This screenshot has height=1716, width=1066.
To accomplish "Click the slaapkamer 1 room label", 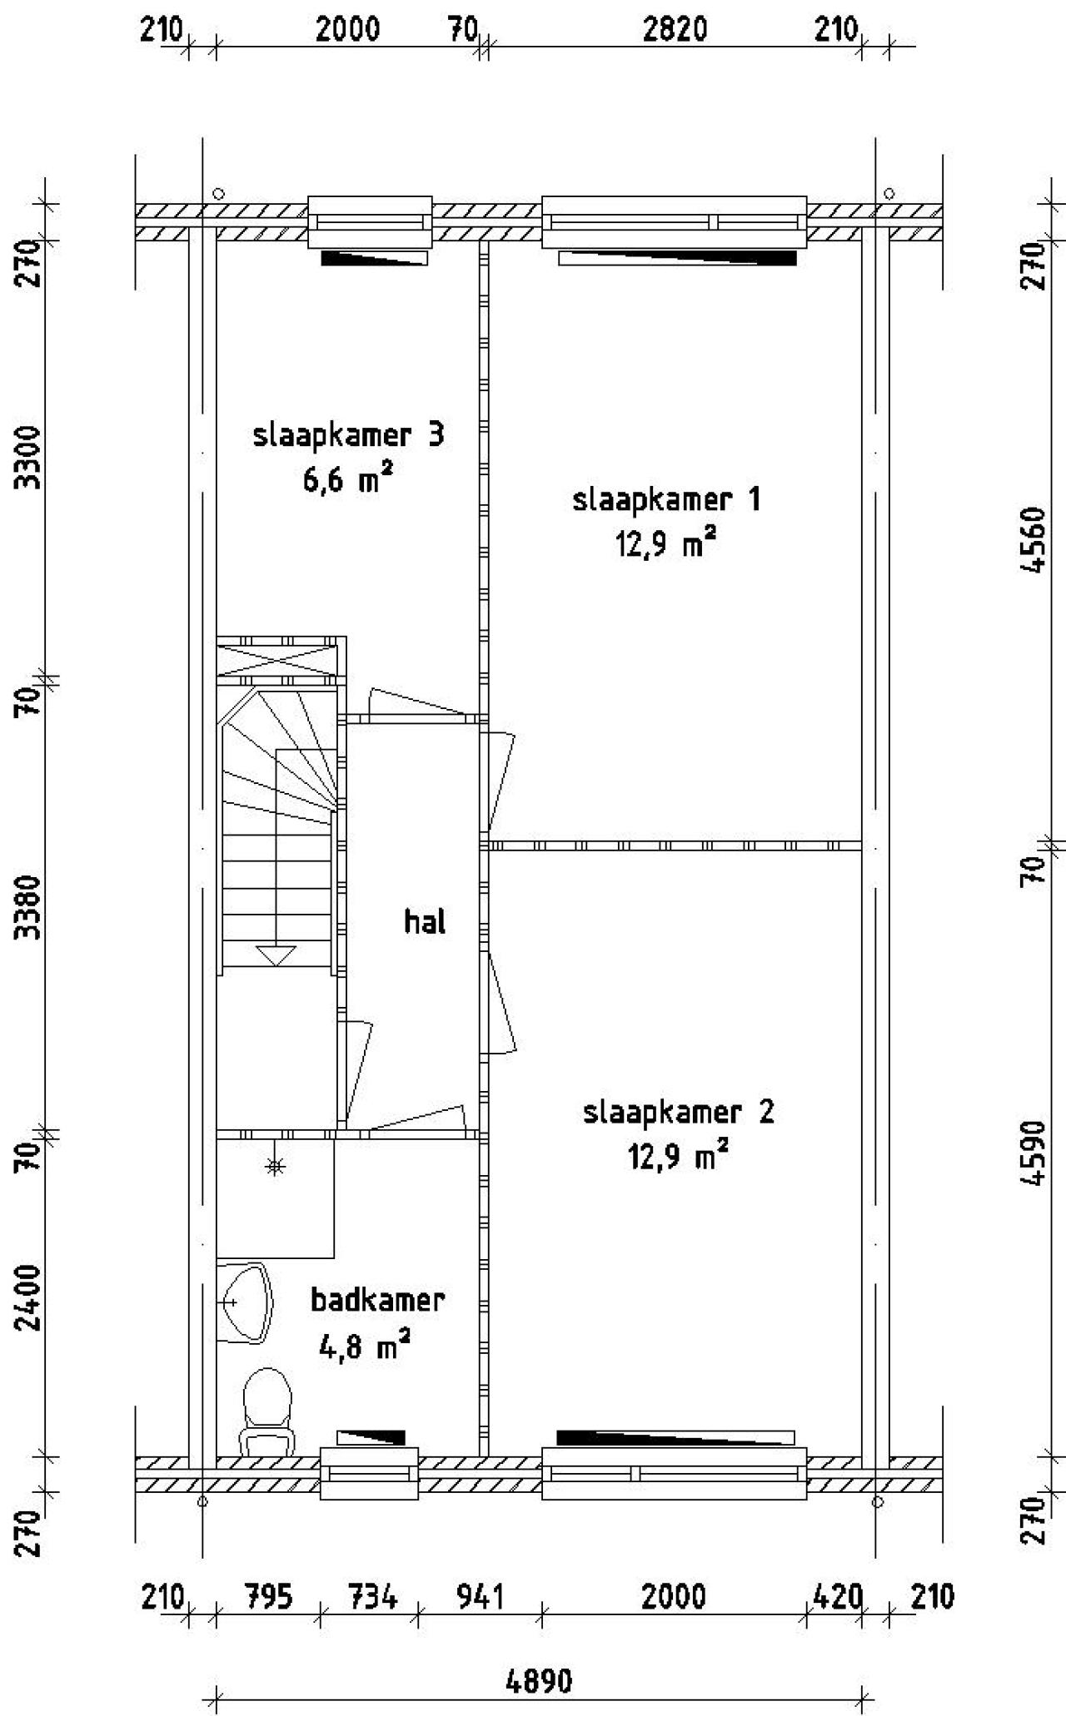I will coord(665,500).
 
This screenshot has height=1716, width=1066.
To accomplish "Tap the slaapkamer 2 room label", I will coord(678,1112).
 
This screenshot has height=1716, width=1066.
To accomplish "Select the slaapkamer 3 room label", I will coord(348,435).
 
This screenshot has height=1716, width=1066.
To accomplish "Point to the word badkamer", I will coord(377,1299).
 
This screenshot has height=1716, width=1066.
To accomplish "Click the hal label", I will coord(425,921).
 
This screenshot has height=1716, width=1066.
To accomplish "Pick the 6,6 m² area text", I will coord(347,480).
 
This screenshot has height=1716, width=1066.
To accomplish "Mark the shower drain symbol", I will coord(275,1167).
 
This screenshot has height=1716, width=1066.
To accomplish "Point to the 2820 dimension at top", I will coord(675,30).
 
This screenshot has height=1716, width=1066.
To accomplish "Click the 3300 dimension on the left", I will coord(31,458).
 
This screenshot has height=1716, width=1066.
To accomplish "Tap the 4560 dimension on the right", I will coord(1035,539).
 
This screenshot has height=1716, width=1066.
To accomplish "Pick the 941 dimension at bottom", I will coord(480,1597).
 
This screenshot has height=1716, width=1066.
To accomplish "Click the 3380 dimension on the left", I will coord(31,906).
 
